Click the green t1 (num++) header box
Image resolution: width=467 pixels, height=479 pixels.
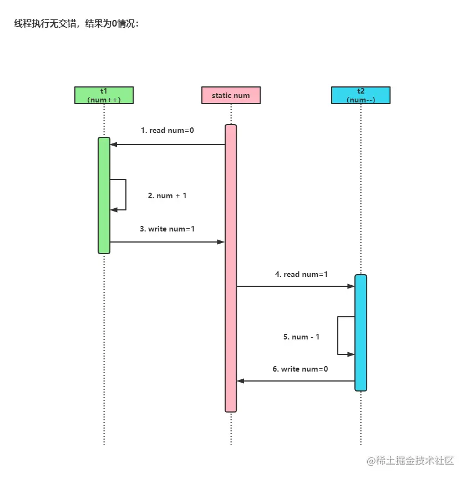click(x=104, y=95)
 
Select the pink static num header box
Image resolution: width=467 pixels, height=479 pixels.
click(x=231, y=95)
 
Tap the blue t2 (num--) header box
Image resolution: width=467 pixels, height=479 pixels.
click(x=361, y=95)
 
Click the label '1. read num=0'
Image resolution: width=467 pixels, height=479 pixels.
click(x=167, y=130)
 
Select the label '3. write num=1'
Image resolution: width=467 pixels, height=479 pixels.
click(x=167, y=228)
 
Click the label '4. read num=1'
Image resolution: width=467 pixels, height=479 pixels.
click(x=301, y=274)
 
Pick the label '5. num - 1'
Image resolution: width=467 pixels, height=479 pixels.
click(x=301, y=337)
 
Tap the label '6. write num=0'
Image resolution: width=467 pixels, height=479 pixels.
click(x=300, y=369)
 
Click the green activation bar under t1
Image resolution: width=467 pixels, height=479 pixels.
click(x=104, y=195)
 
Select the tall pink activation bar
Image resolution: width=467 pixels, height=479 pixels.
click(x=231, y=268)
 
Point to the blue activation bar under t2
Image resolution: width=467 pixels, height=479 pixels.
click(x=361, y=332)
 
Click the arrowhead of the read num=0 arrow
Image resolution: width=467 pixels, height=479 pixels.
click(x=114, y=145)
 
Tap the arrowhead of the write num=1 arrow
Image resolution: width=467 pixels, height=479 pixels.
click(x=221, y=242)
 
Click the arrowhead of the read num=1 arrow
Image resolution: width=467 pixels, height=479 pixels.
click(x=351, y=286)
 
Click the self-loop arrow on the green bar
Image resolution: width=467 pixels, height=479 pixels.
click(x=125, y=194)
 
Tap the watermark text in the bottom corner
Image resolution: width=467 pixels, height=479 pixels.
click(x=410, y=461)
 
